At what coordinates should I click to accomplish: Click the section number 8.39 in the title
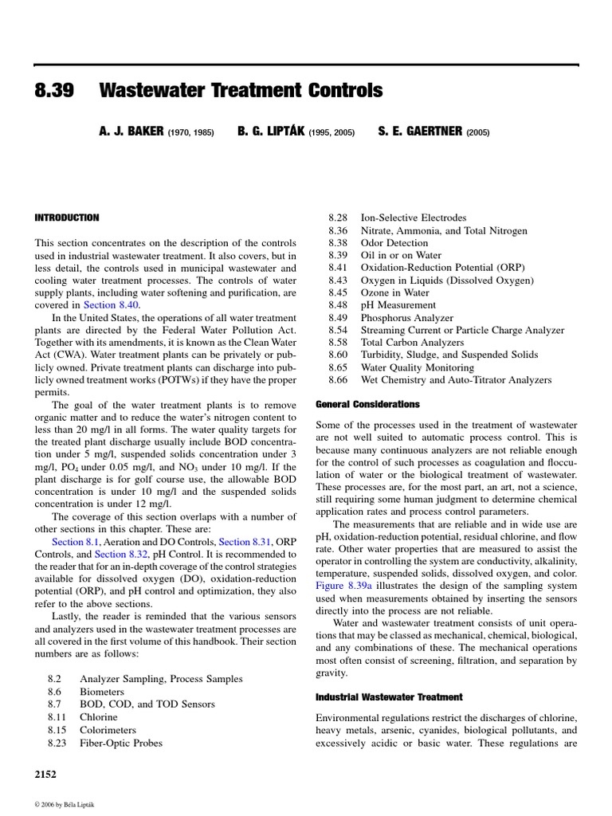click(x=54, y=92)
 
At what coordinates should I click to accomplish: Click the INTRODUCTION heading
click(x=67, y=218)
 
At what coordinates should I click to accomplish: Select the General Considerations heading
click(x=367, y=404)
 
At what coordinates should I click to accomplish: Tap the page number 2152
click(x=45, y=773)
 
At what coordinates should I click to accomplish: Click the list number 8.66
click(x=339, y=380)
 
